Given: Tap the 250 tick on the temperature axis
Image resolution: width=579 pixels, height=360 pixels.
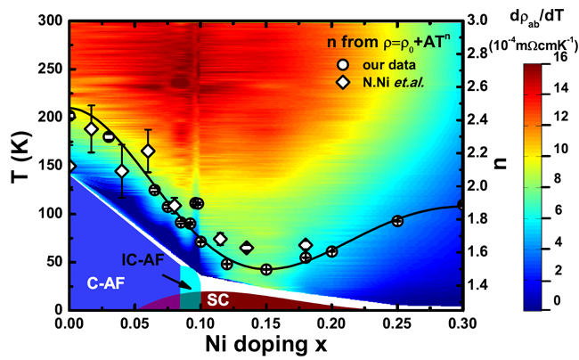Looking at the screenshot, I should coord(47,68).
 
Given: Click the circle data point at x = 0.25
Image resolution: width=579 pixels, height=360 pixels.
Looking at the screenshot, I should coord(397,221).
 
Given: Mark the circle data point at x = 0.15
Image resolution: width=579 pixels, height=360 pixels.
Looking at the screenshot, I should coord(265,269).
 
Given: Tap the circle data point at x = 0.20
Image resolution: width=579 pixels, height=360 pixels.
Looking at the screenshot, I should coord(331,251).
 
